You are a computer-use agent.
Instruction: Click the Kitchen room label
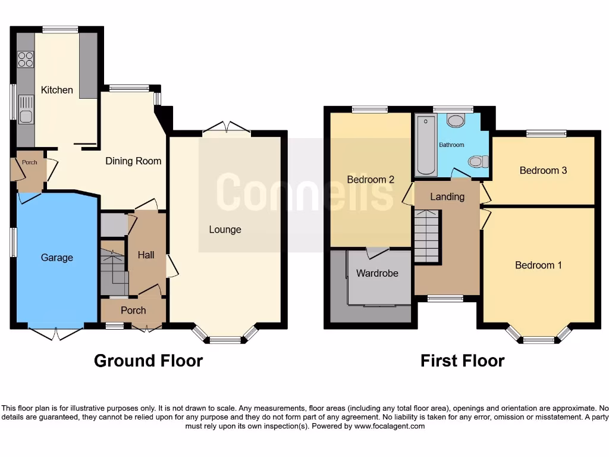(x=57, y=90)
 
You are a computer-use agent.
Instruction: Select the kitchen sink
(x=26, y=110)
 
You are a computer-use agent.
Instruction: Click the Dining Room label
(x=133, y=161)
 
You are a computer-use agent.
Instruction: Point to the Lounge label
(x=225, y=230)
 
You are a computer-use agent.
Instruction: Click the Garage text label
(x=57, y=258)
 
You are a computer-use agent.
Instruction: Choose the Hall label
(x=146, y=255)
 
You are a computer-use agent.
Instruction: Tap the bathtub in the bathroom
(x=425, y=145)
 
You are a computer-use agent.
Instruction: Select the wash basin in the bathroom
(x=456, y=121)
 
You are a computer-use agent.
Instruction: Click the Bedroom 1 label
(x=538, y=265)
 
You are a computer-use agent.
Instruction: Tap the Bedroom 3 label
(x=543, y=171)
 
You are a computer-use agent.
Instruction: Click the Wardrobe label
(x=377, y=274)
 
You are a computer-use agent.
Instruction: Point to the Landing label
(x=447, y=196)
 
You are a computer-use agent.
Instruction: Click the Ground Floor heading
(x=148, y=361)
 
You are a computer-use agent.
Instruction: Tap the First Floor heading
(x=462, y=361)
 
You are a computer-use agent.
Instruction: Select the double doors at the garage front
(x=56, y=333)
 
